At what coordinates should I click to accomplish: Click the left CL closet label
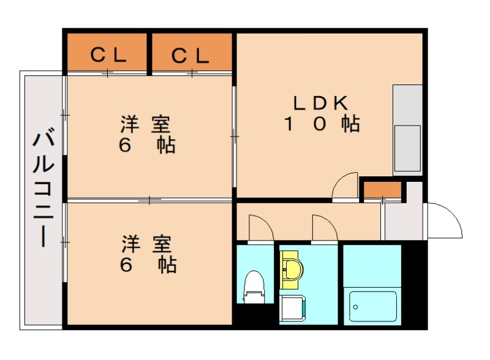(x=108, y=55)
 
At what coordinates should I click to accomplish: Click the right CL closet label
(x=190, y=55)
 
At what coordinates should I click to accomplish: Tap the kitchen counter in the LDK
(x=407, y=129)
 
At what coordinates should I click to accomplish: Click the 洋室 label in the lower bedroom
(x=145, y=243)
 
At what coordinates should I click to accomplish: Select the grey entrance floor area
(x=402, y=220)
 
